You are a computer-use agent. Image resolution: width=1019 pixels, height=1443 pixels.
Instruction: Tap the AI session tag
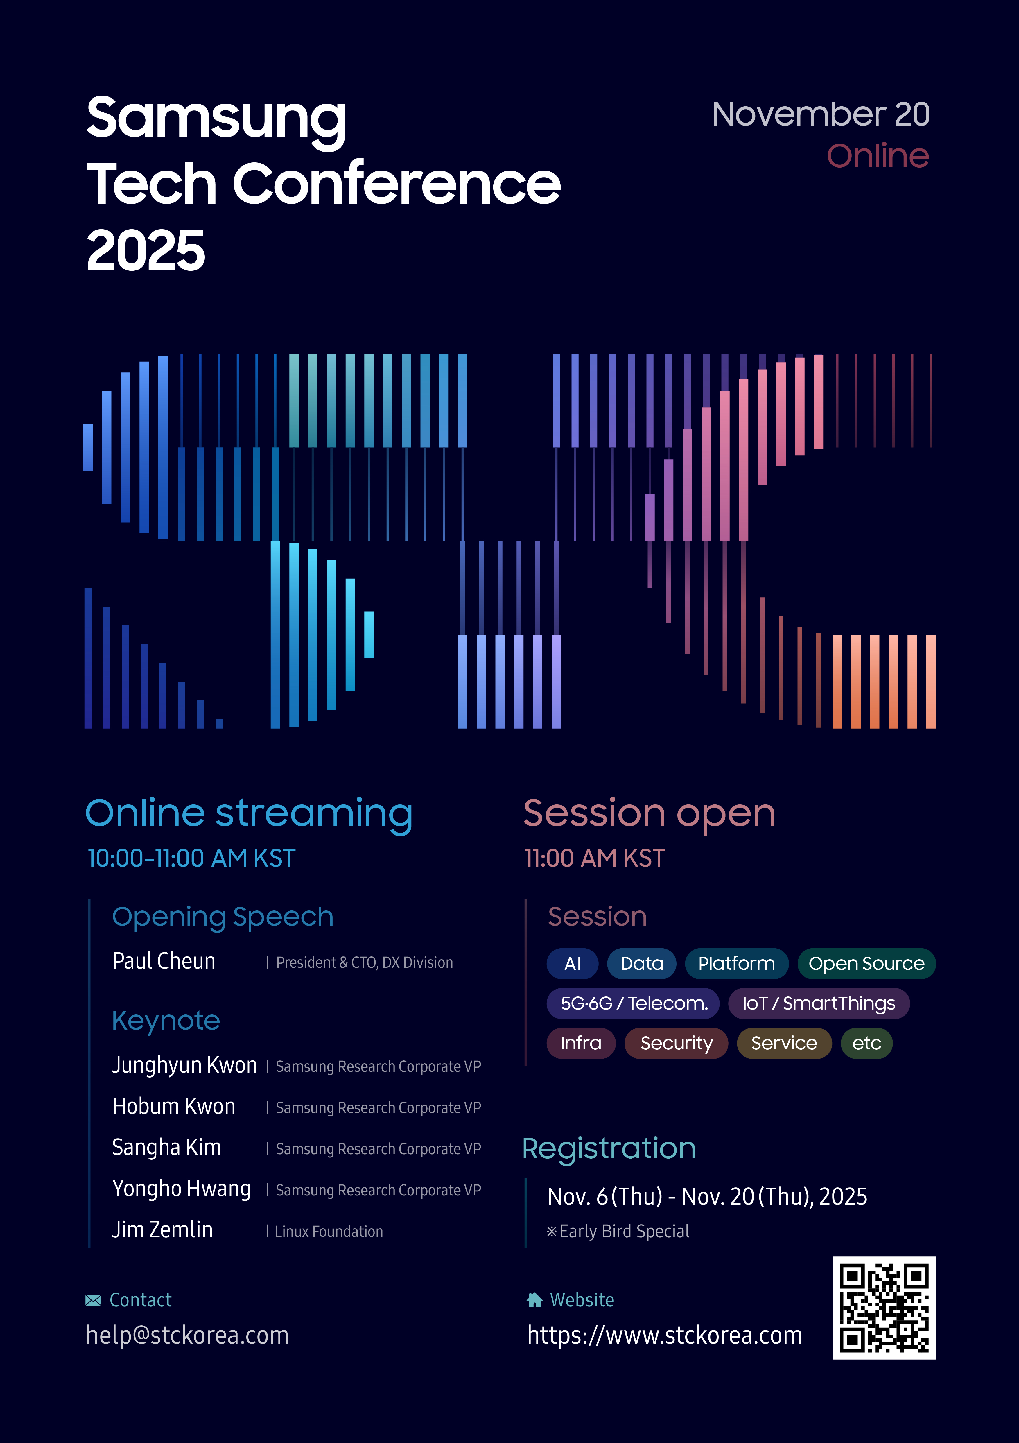(572, 963)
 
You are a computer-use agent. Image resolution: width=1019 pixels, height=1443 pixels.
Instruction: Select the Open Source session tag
(866, 963)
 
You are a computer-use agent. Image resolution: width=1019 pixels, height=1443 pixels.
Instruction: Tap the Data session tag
(641, 963)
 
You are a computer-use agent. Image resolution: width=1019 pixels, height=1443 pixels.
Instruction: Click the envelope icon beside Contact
(93, 1300)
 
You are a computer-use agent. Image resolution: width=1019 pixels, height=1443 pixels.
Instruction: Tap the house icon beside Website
(535, 1300)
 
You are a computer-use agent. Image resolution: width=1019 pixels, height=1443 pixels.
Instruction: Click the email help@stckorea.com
(187, 1335)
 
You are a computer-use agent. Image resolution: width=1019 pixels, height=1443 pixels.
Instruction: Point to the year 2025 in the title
(146, 250)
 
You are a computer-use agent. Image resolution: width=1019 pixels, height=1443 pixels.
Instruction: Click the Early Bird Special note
(618, 1231)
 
